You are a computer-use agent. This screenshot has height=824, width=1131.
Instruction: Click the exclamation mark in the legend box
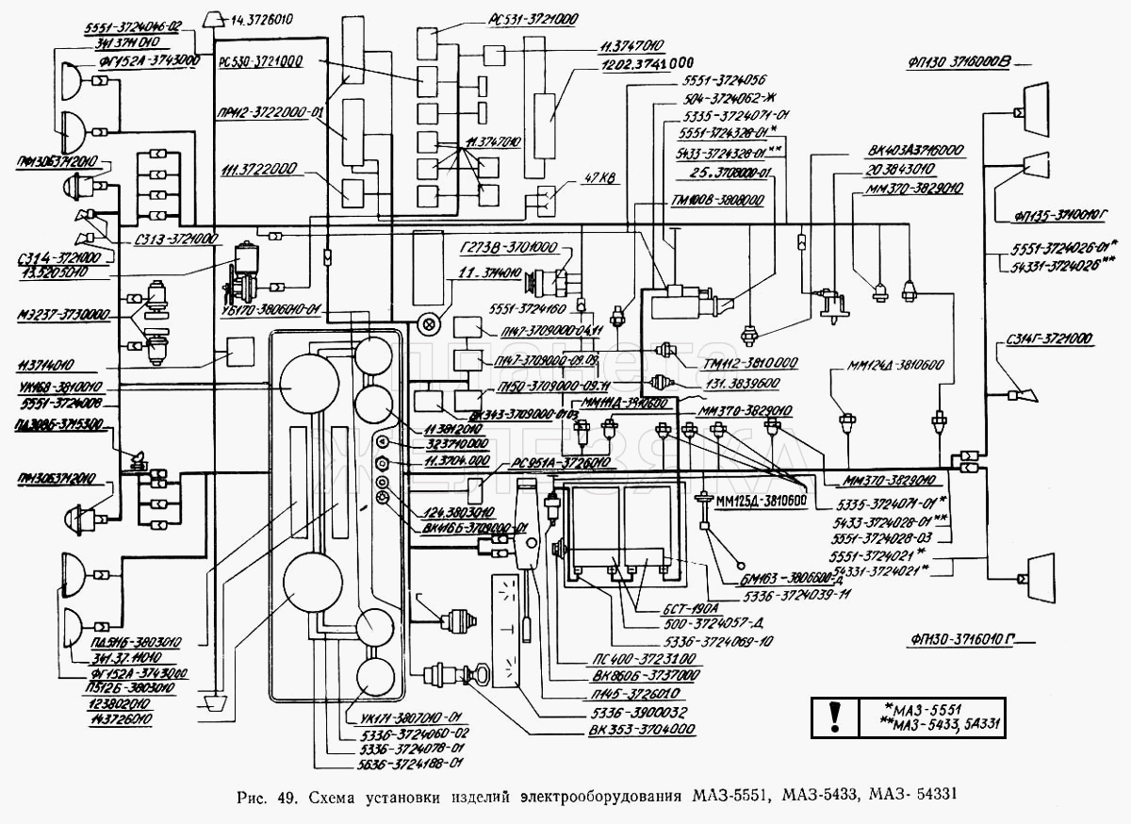point(833,717)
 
